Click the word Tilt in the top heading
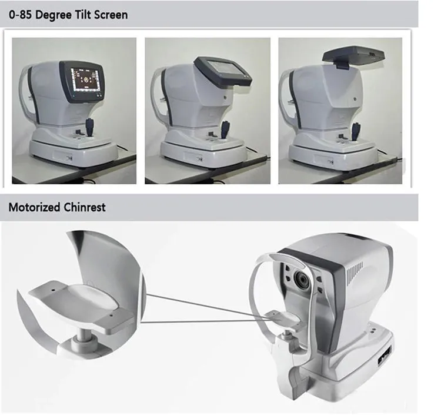coord(82,15)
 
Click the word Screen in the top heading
coord(111,15)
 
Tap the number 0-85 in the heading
coord(20,15)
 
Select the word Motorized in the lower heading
coord(34,207)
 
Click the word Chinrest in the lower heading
coord(85,207)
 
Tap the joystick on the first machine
coord(90,128)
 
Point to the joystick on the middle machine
coord(225,130)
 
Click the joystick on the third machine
coord(356,131)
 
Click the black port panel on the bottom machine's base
coord(385,356)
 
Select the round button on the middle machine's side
coord(225,97)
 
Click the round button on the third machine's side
coord(355,99)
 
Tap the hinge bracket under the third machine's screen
coord(342,65)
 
